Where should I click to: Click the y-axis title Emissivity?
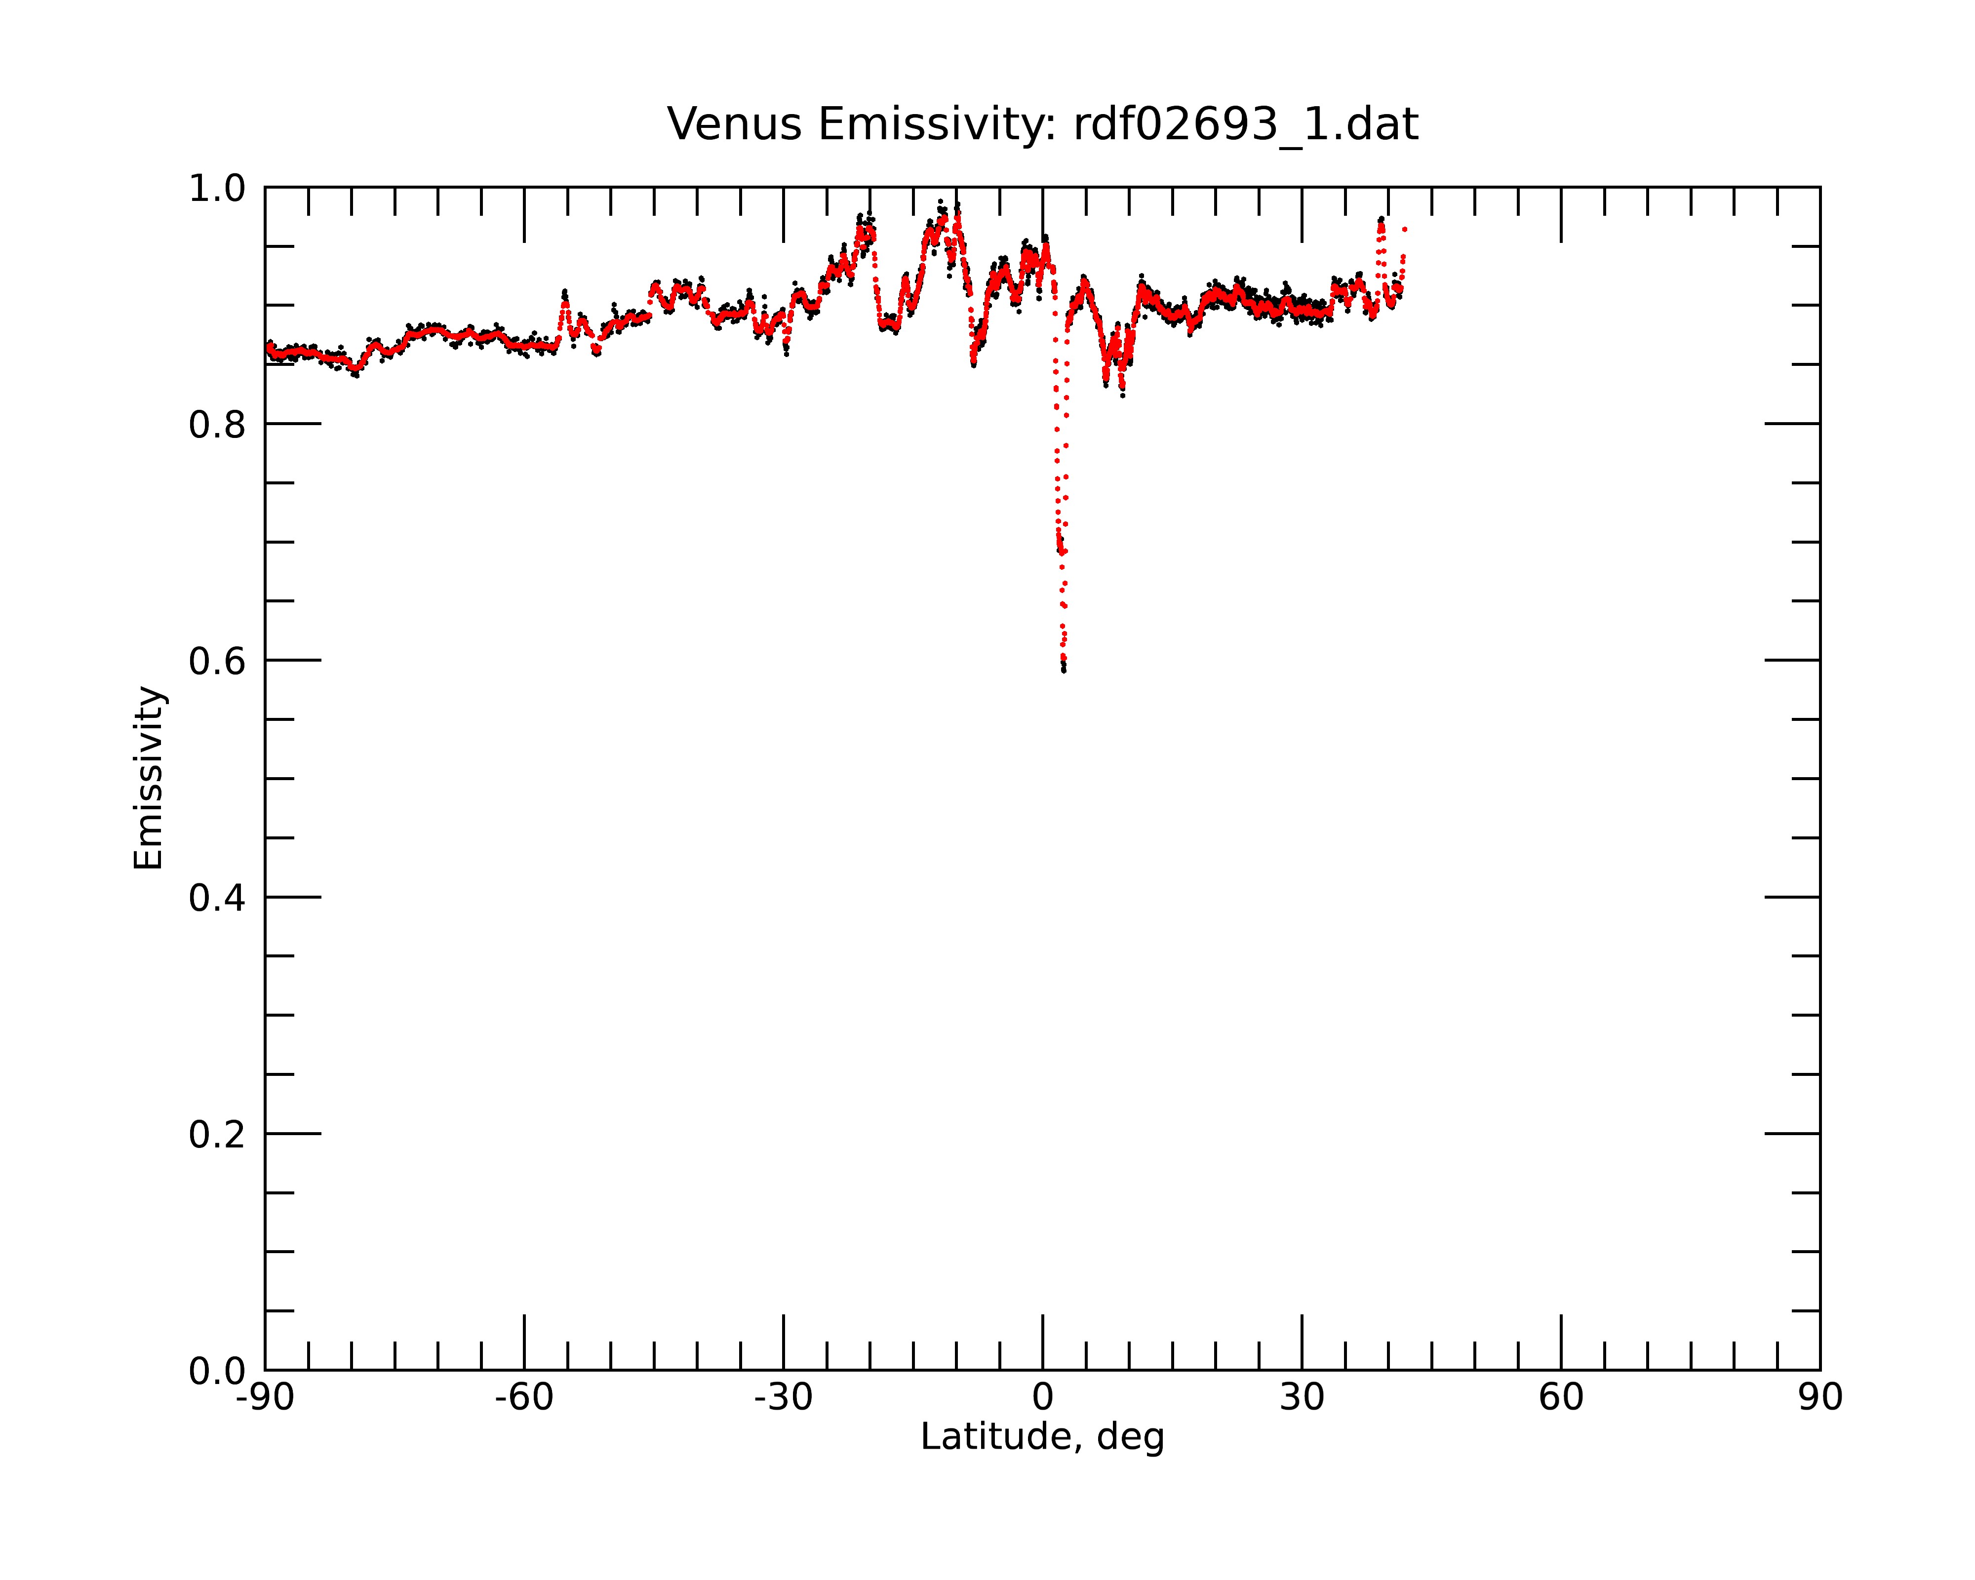(x=149, y=778)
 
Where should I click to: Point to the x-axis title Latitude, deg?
(x=1042, y=1436)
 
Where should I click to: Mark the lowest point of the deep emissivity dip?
(x=1064, y=671)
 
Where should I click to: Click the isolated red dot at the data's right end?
(x=1404, y=229)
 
